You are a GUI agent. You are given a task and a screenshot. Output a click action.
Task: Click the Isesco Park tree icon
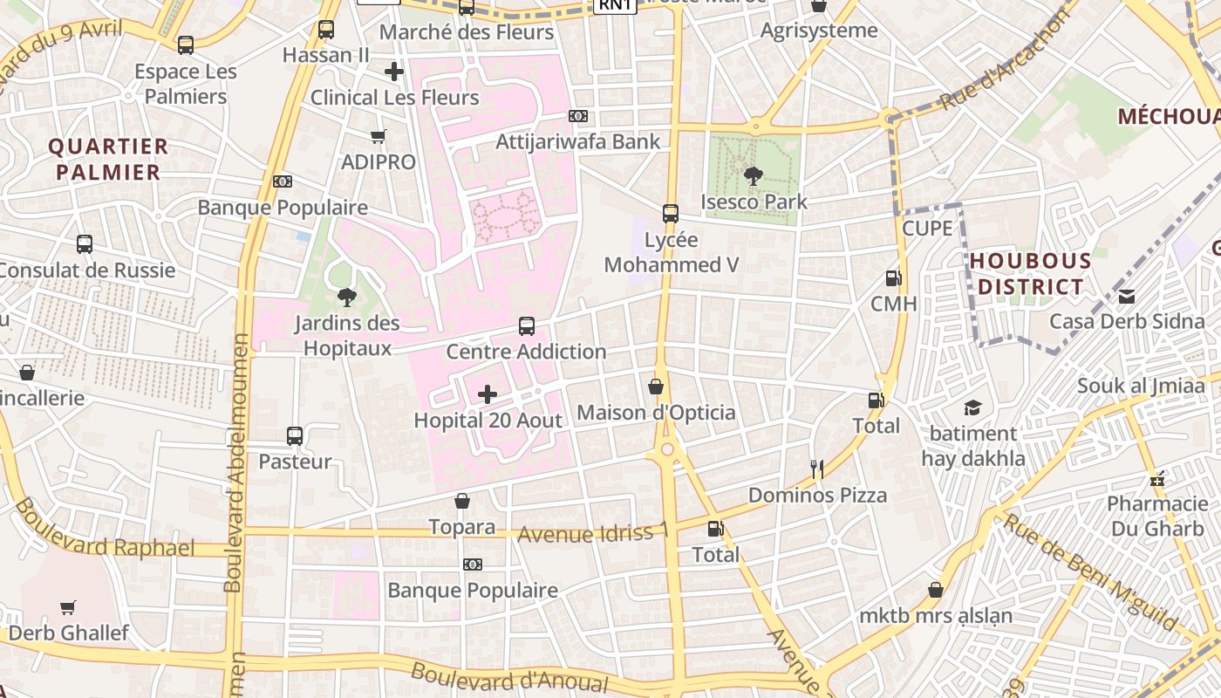(x=753, y=176)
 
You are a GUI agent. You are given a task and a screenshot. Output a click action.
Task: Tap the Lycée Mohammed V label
(x=671, y=252)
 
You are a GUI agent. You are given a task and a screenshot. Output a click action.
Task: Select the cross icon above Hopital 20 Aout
(x=488, y=394)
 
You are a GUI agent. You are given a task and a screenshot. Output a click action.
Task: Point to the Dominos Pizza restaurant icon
(x=817, y=469)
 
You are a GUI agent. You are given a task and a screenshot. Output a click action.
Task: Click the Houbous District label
(x=1030, y=274)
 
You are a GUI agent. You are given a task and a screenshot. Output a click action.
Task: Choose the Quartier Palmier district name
(x=108, y=159)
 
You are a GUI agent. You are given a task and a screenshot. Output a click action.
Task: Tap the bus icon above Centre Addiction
(x=527, y=326)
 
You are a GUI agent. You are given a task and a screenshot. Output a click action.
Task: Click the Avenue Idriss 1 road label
(x=593, y=532)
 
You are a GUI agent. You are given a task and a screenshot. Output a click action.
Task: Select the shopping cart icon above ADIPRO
(x=379, y=136)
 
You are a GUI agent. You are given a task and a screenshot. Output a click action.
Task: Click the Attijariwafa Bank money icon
(x=577, y=116)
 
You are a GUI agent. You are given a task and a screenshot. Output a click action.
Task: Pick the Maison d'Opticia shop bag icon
(x=656, y=387)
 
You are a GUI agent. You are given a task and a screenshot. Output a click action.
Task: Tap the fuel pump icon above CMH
(x=893, y=278)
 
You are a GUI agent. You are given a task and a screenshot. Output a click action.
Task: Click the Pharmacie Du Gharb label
(x=1157, y=516)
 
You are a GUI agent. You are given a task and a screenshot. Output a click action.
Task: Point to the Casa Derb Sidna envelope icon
(x=1127, y=296)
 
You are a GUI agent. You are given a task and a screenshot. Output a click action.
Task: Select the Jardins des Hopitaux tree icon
(x=346, y=298)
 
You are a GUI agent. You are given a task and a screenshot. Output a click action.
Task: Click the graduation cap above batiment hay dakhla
(x=972, y=407)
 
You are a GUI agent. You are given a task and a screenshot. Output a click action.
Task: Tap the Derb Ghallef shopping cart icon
(x=68, y=607)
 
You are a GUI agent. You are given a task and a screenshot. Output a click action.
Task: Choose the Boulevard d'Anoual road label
(x=508, y=677)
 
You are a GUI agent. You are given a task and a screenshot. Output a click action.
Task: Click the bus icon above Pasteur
(x=295, y=435)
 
